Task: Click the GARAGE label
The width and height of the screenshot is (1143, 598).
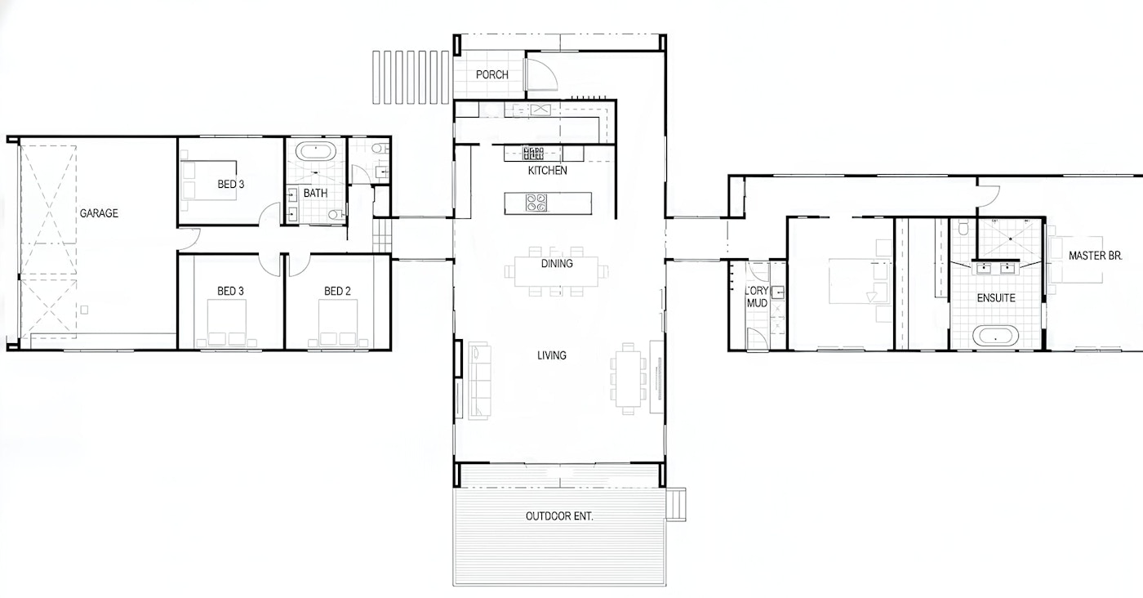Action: pyautogui.click(x=99, y=213)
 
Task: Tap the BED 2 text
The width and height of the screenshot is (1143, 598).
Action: pyautogui.click(x=337, y=291)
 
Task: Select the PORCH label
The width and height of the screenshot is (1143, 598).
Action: pyautogui.click(x=491, y=75)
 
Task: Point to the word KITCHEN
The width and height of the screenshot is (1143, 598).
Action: pyautogui.click(x=547, y=171)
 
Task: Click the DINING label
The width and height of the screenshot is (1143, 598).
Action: pyautogui.click(x=557, y=264)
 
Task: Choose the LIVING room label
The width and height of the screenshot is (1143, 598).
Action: pyautogui.click(x=552, y=355)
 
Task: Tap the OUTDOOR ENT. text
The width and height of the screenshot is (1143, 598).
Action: pyautogui.click(x=559, y=516)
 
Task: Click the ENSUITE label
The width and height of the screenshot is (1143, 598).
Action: pyautogui.click(x=996, y=298)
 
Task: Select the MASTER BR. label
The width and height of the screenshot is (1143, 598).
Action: pyautogui.click(x=1096, y=256)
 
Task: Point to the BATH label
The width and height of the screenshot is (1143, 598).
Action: pyautogui.click(x=315, y=194)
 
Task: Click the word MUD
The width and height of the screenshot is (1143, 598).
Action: pyautogui.click(x=758, y=303)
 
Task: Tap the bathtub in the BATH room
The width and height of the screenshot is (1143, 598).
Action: pyautogui.click(x=316, y=152)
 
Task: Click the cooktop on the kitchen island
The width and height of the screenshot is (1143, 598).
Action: pyautogui.click(x=536, y=203)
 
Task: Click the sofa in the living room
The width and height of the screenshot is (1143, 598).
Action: pyautogui.click(x=480, y=381)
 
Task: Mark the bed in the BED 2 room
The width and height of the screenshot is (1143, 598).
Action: pyautogui.click(x=337, y=324)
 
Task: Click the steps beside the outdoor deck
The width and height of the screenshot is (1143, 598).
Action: pyautogui.click(x=676, y=504)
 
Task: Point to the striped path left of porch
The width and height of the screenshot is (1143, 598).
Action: pyautogui.click(x=411, y=77)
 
